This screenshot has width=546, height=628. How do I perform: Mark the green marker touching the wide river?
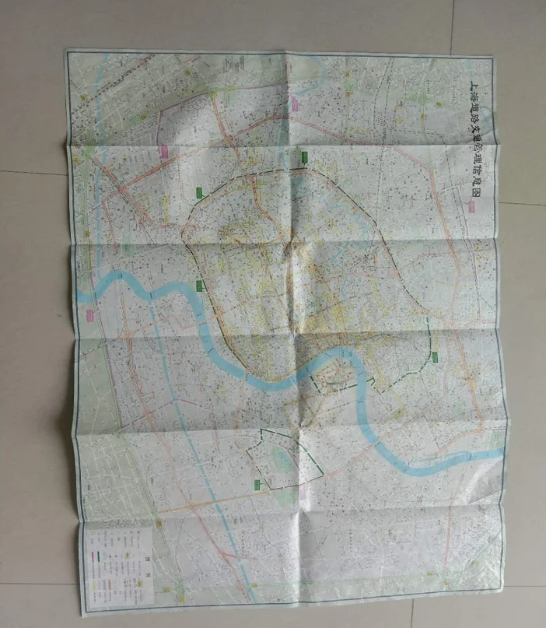[201, 285]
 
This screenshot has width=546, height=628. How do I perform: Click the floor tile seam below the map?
[272, 617]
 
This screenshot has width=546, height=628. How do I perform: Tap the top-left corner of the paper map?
[66, 51]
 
